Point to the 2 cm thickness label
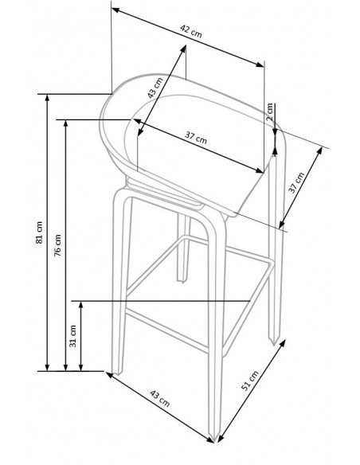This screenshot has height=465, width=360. pos(271,109)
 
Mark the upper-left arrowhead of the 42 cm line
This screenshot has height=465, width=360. pos(114,11)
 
